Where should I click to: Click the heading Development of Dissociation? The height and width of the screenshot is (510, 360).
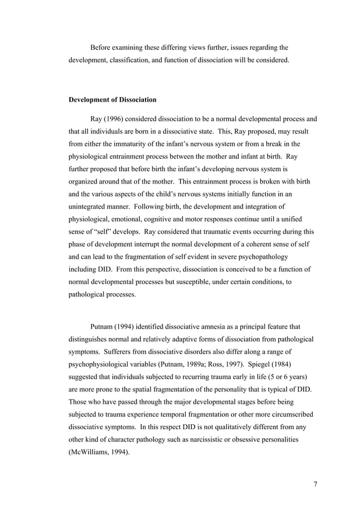112,100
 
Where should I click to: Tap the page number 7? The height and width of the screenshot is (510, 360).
315,484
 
